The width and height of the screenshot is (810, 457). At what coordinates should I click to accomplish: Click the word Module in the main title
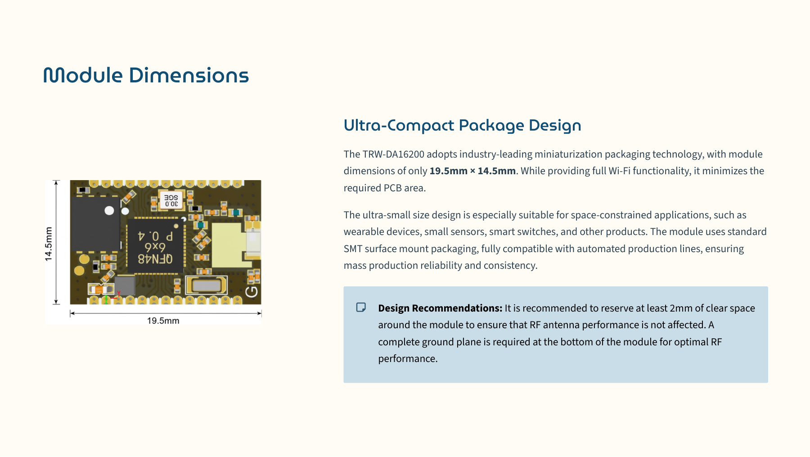tap(83, 75)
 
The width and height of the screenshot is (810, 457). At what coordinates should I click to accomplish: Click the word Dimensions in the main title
tap(189, 75)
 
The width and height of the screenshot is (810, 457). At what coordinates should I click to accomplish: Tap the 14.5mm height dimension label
tap(49, 244)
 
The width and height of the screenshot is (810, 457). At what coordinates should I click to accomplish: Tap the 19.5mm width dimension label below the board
tap(163, 321)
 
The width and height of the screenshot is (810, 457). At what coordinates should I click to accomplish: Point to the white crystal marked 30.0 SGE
tap(171, 201)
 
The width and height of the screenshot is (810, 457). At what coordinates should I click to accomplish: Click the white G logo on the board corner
tap(251, 292)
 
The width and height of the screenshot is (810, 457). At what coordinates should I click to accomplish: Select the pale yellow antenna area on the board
tap(229, 245)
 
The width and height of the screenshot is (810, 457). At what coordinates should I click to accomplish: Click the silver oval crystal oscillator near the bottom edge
tap(207, 285)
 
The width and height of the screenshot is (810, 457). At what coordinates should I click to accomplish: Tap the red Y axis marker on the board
tap(118, 295)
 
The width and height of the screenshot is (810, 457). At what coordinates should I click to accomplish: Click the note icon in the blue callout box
tap(361, 308)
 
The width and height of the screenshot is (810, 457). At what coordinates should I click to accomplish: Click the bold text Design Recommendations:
tap(440, 308)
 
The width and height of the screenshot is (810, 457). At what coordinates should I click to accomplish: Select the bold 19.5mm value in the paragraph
tap(448, 171)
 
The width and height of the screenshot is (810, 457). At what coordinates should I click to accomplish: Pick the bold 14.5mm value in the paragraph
tap(496, 171)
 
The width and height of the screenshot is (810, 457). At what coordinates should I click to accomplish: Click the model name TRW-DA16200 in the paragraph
tap(393, 154)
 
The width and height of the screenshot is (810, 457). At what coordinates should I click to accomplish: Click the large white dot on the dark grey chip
tap(109, 210)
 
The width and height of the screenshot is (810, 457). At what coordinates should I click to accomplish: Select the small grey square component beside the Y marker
tap(125, 285)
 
